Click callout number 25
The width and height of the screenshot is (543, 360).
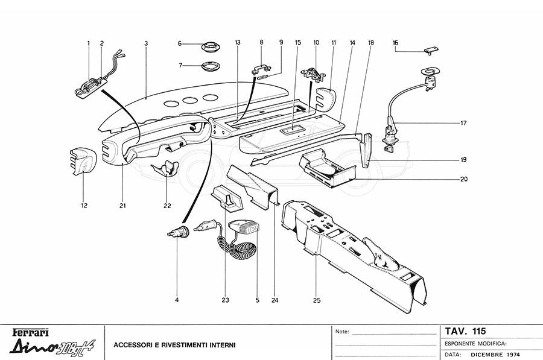pos(316,299)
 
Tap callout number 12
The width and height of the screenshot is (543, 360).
pos(84,206)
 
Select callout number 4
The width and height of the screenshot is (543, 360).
pos(177,299)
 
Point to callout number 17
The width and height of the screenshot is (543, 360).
pos(463,124)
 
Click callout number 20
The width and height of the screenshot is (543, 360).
pos(463,179)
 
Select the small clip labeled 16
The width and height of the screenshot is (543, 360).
pos(430,49)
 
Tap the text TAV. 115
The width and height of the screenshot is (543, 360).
pos(465,331)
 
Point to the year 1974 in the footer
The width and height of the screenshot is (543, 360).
pos(510,354)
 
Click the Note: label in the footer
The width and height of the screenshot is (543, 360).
pos(341,332)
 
